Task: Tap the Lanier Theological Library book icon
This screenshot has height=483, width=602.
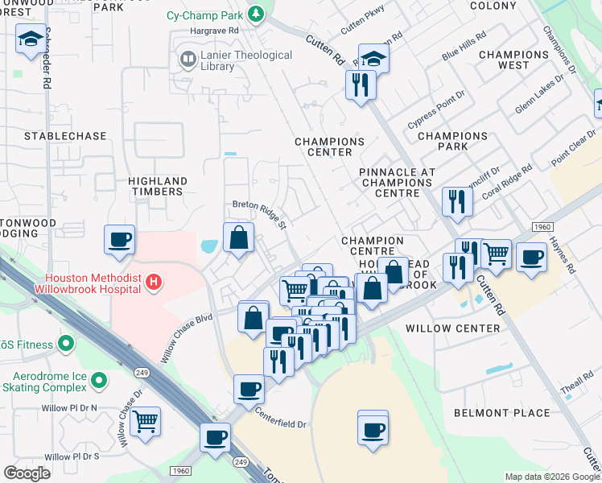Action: (187, 60)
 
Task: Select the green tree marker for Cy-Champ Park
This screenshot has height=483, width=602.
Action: (255, 14)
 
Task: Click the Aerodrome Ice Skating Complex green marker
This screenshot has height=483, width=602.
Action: (98, 379)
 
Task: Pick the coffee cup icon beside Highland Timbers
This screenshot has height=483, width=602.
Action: (119, 239)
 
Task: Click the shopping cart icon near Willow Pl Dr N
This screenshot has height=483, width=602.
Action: (145, 421)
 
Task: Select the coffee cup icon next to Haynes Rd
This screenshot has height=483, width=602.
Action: (530, 258)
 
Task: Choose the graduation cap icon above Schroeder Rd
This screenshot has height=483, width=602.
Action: (31, 39)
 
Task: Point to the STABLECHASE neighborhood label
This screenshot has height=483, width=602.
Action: (65, 136)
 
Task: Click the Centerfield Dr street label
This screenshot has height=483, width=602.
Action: (281, 419)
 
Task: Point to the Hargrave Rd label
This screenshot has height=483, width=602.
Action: (216, 30)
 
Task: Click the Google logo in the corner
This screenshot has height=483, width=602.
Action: (27, 473)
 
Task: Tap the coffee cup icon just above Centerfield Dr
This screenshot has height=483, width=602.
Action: (248, 390)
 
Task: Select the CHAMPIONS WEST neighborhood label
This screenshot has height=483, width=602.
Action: (515, 60)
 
